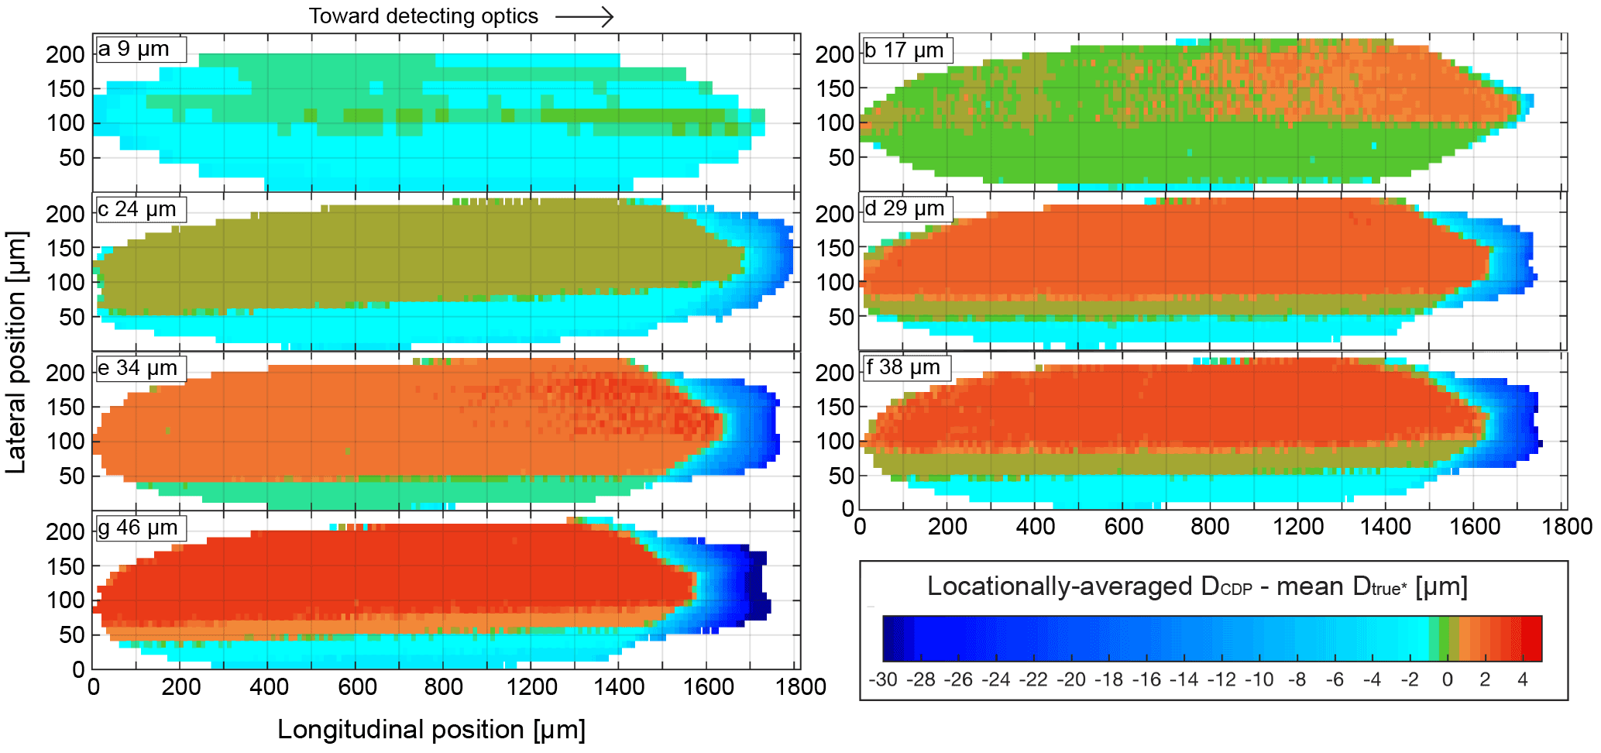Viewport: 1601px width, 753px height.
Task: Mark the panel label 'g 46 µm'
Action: (139, 528)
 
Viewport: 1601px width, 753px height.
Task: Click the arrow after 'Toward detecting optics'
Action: (585, 16)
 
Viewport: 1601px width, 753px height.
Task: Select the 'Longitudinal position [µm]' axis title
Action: (431, 730)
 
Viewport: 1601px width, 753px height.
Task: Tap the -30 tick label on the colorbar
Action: (883, 680)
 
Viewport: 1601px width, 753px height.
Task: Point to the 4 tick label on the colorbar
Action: (1522, 680)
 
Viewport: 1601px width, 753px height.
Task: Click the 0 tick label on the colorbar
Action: (1447, 680)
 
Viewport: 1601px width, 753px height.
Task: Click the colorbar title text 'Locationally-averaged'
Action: (1059, 587)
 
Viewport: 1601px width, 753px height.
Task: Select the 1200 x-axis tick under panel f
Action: (1298, 527)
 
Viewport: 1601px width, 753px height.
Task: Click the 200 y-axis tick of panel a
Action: (66, 55)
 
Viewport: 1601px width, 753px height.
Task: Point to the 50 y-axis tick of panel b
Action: (841, 158)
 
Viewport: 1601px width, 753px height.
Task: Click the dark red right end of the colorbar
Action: (1532, 638)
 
